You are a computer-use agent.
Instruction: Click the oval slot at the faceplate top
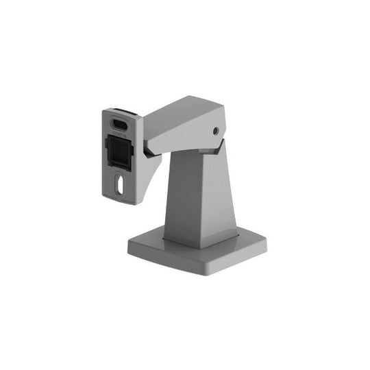(120, 124)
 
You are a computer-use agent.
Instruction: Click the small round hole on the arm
(217, 130)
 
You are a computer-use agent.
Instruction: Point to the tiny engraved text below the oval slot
(120, 134)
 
